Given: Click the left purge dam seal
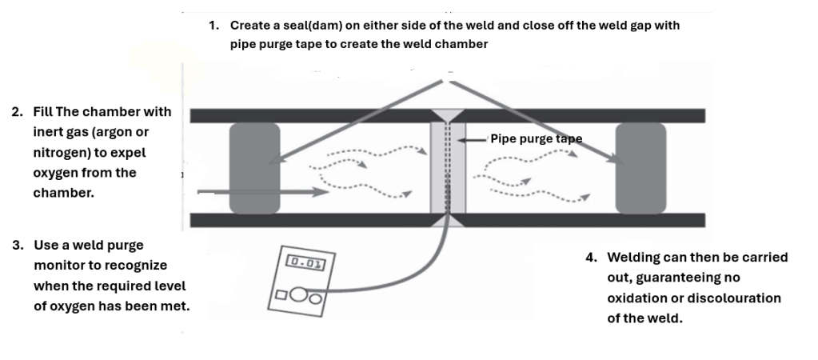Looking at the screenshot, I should coord(254,168).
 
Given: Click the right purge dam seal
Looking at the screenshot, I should coord(640,168).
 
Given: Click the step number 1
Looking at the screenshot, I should coord(213,25).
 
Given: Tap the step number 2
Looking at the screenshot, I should coord(16,111).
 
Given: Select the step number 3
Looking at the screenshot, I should coord(16,244).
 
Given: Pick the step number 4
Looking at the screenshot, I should coord(590,258).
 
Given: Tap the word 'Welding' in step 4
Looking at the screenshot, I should coord(633,258).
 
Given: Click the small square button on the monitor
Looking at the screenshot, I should coord(281,294).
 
